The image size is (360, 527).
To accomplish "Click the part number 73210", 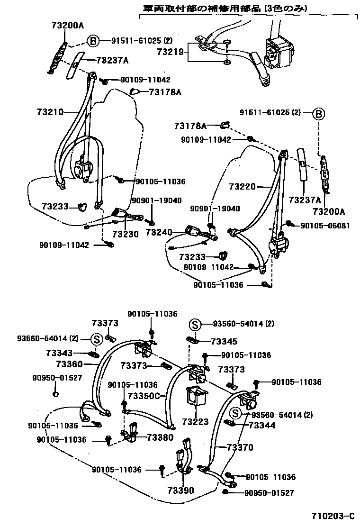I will coord(49,112).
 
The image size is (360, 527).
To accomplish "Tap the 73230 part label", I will coord(126,235).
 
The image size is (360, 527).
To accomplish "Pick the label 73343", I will coord(59,353).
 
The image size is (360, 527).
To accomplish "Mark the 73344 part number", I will coord(262,426).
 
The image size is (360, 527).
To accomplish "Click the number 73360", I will coord(69,364).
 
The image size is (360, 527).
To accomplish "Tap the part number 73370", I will coord(240,447).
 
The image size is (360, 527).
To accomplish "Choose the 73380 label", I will coord(160,437).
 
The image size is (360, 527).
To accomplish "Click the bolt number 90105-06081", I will coord(325,226).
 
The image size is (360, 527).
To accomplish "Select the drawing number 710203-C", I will coord(333,516).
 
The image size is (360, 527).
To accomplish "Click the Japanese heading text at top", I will coord(225,8).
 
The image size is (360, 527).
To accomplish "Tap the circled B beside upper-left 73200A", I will coord(93,41).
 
